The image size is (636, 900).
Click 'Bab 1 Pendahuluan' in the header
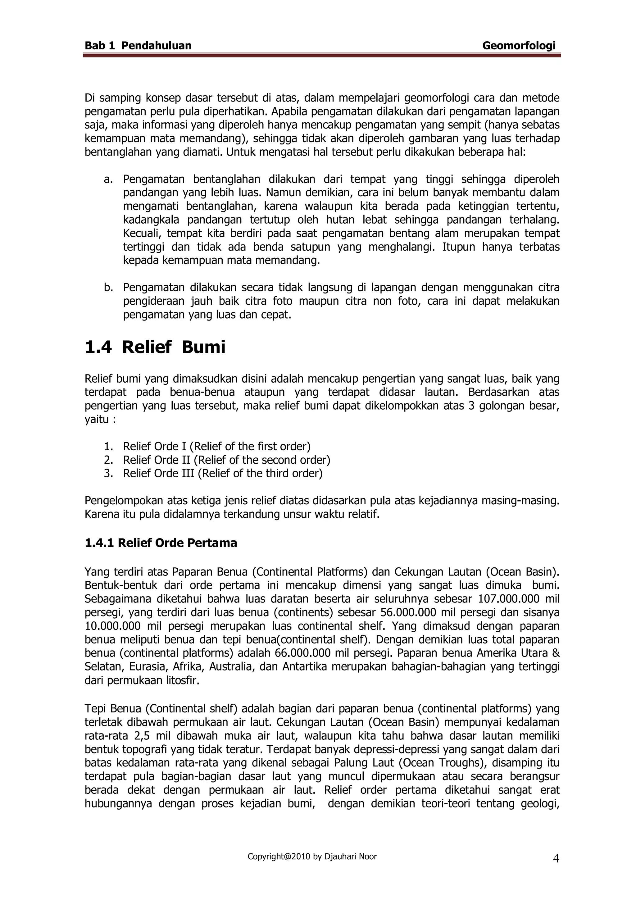[x=138, y=46]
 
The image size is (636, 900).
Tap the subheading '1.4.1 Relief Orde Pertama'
[x=161, y=543]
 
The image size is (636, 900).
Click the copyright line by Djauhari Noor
[x=312, y=857]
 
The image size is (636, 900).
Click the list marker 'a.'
[x=108, y=180]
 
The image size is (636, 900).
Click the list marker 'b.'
[x=108, y=288]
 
